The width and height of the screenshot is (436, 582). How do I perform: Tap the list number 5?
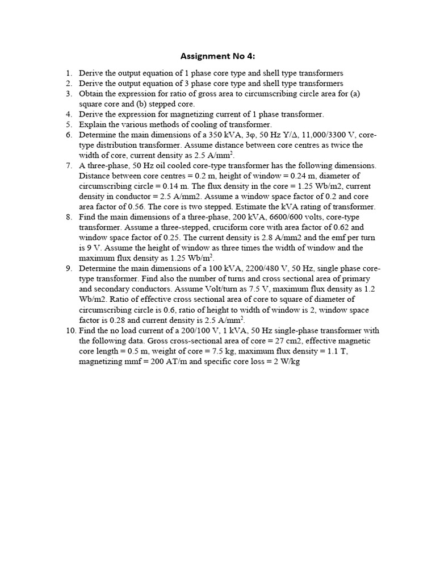[69, 124]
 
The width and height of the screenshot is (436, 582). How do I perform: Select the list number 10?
[67, 330]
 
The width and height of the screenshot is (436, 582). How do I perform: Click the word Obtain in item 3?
[91, 93]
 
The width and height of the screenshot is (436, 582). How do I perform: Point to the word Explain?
[91, 124]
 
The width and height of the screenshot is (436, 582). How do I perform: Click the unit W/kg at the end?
[288, 361]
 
